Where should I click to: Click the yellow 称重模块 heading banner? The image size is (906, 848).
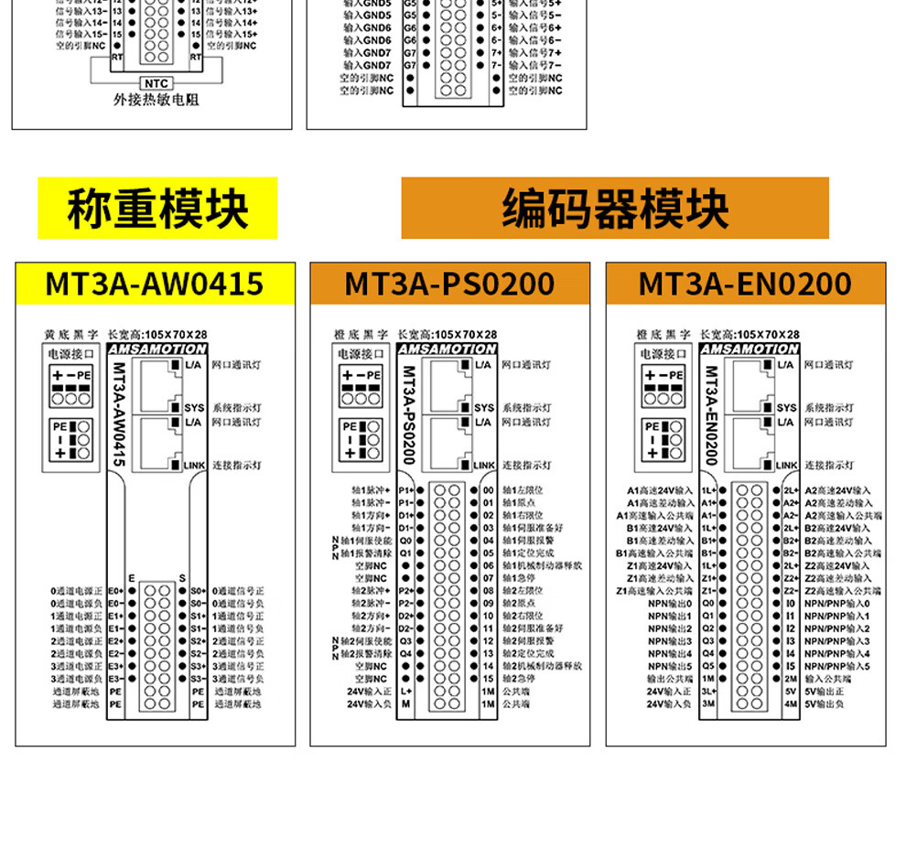(x=157, y=209)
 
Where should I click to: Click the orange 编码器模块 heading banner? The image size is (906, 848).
(x=615, y=209)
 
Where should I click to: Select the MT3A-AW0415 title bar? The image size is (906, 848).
(x=155, y=284)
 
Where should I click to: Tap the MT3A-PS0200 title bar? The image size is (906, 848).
(x=449, y=284)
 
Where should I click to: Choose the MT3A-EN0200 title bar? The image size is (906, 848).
(x=745, y=284)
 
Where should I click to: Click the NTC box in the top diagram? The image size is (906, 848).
(x=156, y=84)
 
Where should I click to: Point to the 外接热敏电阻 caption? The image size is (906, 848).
(x=156, y=100)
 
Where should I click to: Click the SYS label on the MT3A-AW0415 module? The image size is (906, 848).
(x=194, y=408)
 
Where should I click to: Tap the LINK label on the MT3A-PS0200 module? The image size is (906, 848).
(x=484, y=466)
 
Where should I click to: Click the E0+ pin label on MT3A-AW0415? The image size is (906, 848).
(x=115, y=591)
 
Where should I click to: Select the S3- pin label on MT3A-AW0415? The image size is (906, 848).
(x=198, y=679)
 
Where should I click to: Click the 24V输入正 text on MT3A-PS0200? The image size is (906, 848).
(x=369, y=692)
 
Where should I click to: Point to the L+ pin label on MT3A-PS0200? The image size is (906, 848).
(x=406, y=692)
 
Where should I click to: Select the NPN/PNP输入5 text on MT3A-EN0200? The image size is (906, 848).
(x=837, y=666)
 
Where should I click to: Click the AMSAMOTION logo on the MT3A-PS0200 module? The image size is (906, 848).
(x=448, y=349)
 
